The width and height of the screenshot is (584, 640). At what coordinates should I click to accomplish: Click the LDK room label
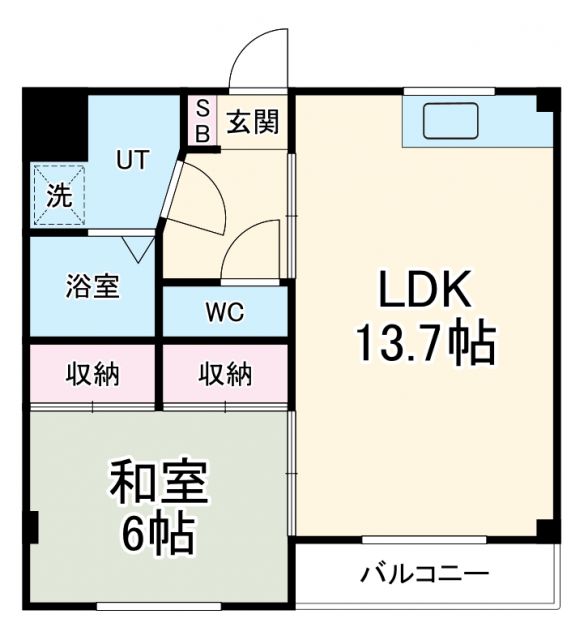[x=424, y=291]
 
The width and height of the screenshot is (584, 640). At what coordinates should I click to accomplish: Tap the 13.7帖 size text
[x=424, y=343]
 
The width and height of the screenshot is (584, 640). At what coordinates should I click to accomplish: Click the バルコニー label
[x=425, y=575]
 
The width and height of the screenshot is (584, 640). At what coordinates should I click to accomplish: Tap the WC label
[x=225, y=312]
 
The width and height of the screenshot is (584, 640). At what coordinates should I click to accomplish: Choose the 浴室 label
[x=93, y=287]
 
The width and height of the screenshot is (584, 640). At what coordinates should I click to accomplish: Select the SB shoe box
[x=201, y=119]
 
